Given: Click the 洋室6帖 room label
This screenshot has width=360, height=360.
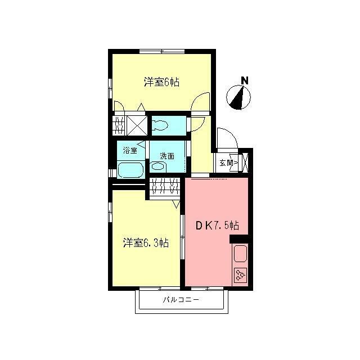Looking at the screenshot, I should [161, 82].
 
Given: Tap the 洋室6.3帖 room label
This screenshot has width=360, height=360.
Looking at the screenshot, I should [146, 243].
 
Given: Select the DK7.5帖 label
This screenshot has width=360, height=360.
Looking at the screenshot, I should [217, 226].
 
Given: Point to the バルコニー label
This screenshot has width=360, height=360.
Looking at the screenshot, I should [181, 300].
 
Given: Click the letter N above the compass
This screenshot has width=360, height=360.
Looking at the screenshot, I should [244, 80].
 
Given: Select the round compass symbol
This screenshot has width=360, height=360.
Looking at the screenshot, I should [238, 98].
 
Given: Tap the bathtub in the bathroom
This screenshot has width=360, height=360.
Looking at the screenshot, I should [131, 169].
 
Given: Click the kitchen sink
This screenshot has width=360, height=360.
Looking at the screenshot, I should [240, 254].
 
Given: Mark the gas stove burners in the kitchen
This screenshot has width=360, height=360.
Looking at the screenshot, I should [240, 275].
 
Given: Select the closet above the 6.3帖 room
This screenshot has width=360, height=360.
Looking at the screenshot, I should [165, 187].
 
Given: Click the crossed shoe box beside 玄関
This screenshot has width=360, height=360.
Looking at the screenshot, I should [246, 163].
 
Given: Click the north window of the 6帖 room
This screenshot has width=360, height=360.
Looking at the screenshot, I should [162, 52].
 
